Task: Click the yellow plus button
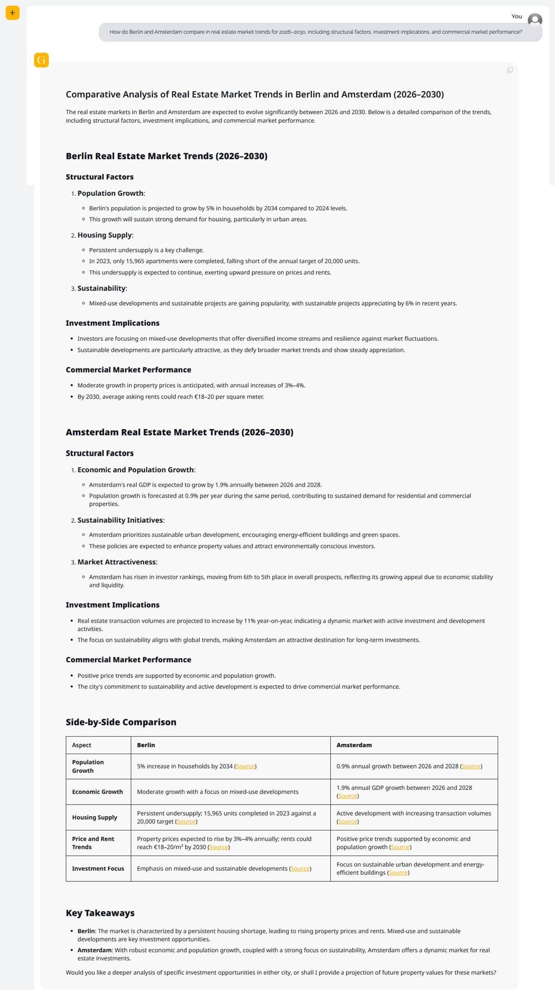(12, 13)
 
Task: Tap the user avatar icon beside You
(535, 20)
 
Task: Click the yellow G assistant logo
(41, 60)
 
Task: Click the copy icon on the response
(510, 70)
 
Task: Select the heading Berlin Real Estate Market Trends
(166, 156)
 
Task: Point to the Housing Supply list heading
(105, 235)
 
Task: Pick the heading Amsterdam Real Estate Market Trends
(179, 432)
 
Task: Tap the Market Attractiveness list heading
(117, 562)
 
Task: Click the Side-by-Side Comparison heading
(121, 722)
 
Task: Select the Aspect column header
(81, 745)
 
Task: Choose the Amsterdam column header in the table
(354, 745)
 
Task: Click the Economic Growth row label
(97, 792)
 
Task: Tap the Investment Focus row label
(98, 869)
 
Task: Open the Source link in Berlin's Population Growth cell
(245, 767)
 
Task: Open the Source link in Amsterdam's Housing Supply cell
(347, 822)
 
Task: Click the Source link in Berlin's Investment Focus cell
(300, 869)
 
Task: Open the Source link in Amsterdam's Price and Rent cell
(400, 847)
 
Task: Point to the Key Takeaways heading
(100, 913)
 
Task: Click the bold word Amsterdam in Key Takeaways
(95, 950)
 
